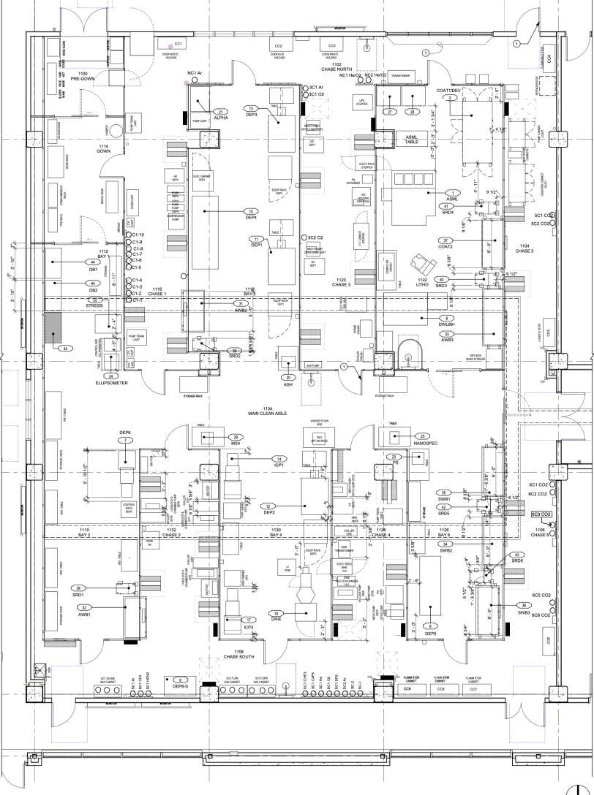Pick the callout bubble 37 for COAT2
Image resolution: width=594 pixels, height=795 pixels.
(443, 240)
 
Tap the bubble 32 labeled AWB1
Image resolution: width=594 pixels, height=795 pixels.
(86, 607)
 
